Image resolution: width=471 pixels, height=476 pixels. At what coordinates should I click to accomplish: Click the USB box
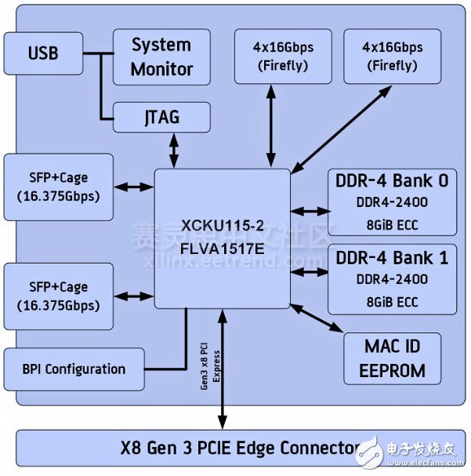(x=42, y=54)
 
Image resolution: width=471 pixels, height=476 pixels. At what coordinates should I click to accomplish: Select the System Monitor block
(x=161, y=57)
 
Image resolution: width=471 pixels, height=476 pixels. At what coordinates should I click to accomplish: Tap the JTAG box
(x=161, y=118)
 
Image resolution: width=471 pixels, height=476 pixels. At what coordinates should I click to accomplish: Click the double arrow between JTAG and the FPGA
(x=174, y=149)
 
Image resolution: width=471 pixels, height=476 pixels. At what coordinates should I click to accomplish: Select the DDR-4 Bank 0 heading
(x=391, y=181)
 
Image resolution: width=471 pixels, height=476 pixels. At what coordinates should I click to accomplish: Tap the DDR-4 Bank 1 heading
(x=391, y=257)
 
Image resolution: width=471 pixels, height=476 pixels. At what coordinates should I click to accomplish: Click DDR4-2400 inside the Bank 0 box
(x=391, y=203)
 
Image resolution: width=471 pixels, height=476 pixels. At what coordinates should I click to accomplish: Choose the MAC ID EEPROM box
(x=393, y=358)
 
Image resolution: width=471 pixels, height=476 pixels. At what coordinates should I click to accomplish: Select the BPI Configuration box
(x=74, y=369)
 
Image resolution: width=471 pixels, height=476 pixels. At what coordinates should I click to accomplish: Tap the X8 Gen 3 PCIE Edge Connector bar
(x=235, y=449)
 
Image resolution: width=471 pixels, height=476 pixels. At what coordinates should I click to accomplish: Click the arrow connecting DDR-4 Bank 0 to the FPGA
(x=310, y=211)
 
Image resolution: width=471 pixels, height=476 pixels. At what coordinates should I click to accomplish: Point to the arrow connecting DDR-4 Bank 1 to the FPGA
(x=310, y=271)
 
